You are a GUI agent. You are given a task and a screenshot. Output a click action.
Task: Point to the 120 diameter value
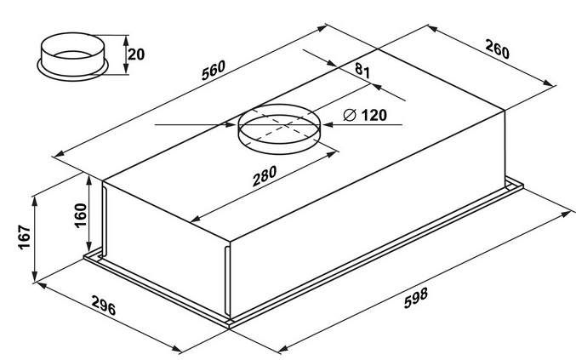[373, 115]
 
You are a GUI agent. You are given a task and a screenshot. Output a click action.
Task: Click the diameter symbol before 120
[350, 115]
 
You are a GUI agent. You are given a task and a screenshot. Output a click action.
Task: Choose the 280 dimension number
[265, 179]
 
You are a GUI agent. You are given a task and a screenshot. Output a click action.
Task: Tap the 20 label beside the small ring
[135, 54]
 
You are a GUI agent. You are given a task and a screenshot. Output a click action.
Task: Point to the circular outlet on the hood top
[278, 129]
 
